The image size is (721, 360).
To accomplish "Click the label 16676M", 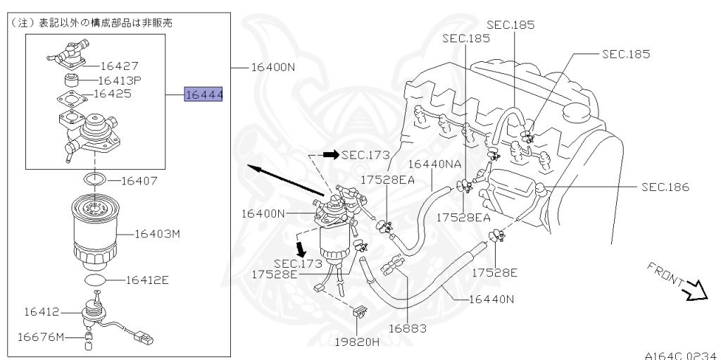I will coord(41,337).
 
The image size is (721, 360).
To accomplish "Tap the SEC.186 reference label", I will coord(665,187).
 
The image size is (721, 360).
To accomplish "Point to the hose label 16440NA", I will coord(434,163).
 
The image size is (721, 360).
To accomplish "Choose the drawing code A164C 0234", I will coord(679,355).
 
